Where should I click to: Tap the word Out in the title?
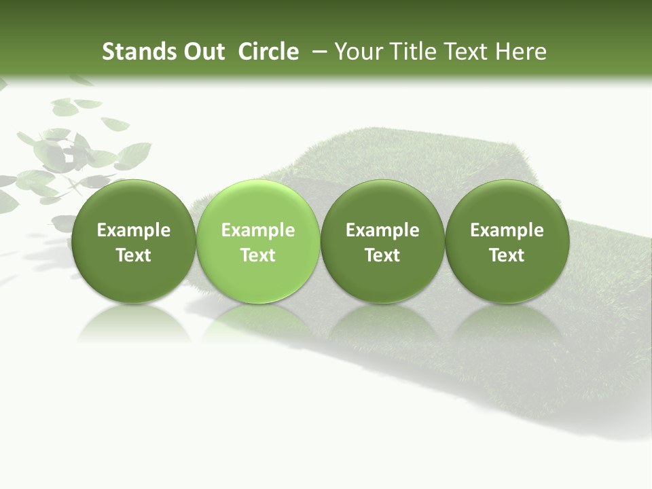[x=202, y=52]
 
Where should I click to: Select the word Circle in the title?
[x=268, y=52]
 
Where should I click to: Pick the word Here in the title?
[x=521, y=52]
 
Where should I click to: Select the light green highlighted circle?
[x=258, y=241]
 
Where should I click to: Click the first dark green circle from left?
[x=133, y=241]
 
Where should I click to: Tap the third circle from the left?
[x=382, y=241]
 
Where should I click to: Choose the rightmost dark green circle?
[x=507, y=241]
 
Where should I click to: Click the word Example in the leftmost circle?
[x=133, y=230]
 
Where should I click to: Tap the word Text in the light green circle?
[x=258, y=255]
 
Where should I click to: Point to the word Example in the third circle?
[x=382, y=230]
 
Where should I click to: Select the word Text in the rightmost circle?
[x=507, y=255]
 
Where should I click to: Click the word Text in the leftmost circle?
[x=133, y=255]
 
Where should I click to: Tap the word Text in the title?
[x=465, y=52]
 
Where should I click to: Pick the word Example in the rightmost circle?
[x=507, y=230]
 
